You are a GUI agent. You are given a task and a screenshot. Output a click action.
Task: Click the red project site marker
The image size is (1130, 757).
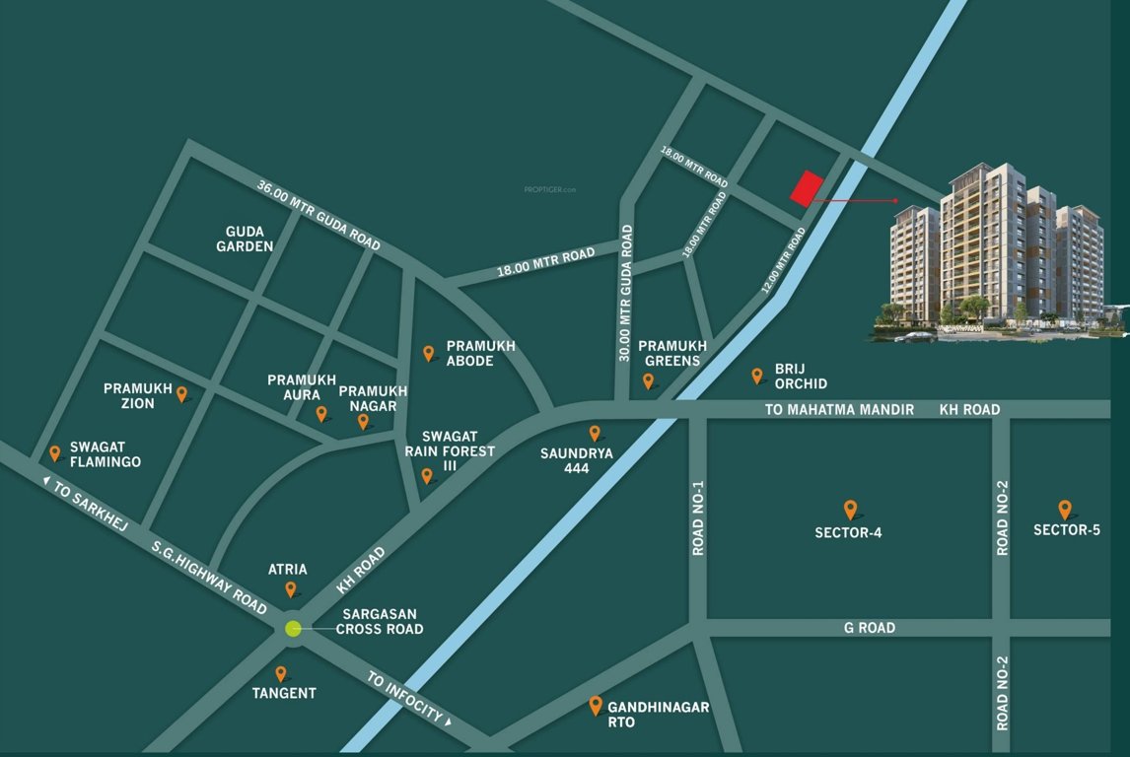[808, 188]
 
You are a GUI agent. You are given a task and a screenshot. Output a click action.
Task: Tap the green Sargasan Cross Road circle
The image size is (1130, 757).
[293, 629]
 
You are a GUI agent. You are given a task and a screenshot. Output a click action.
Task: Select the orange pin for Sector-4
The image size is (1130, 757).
[850, 510]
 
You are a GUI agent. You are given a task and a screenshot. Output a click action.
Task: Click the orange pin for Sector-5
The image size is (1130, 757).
[1065, 510]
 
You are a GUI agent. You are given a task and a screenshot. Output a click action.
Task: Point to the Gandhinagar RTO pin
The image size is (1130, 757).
[596, 706]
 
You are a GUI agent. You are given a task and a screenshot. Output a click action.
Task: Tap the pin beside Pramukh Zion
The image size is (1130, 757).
[181, 394]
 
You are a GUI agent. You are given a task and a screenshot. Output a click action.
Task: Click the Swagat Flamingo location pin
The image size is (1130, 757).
[55, 453]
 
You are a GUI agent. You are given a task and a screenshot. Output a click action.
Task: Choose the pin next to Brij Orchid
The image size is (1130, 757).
[757, 376]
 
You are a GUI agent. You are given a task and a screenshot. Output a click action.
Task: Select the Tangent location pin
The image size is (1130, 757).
[281, 674]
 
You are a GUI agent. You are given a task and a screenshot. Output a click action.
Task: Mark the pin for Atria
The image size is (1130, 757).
[291, 589]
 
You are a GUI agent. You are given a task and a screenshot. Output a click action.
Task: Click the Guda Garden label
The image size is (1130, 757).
[245, 239]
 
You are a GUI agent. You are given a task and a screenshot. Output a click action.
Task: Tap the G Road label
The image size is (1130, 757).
[870, 628]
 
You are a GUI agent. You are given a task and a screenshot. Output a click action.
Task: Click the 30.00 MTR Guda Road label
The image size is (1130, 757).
[625, 293]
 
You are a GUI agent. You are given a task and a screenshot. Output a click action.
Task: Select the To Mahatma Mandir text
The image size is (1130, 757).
[839, 409]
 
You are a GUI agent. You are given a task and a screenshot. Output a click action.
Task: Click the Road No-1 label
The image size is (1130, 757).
[698, 518]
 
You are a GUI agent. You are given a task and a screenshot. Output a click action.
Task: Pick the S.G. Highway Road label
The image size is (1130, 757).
[209, 577]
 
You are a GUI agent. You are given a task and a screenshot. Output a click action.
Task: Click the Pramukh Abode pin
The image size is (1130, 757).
[429, 353]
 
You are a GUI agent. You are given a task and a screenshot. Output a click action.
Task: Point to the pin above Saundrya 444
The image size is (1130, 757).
[595, 433]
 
